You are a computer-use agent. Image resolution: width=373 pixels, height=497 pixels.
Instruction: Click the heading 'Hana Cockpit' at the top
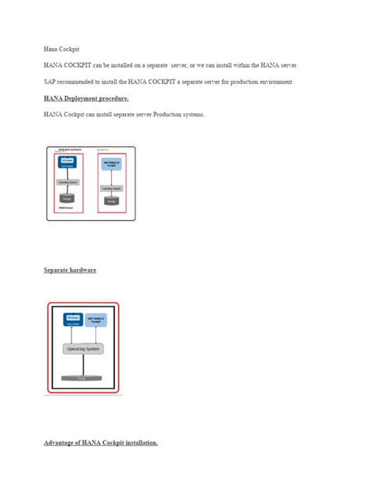click(60, 48)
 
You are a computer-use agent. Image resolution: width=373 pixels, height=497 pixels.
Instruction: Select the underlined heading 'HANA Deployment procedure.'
click(86, 98)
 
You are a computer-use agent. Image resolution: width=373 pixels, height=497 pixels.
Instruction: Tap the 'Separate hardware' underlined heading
click(70, 270)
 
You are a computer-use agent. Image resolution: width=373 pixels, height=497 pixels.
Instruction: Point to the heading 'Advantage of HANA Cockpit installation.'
click(101, 443)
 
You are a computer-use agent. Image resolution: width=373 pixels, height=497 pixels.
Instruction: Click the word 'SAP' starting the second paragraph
click(50, 82)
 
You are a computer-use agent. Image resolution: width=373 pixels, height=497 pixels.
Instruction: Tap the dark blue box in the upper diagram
click(67, 162)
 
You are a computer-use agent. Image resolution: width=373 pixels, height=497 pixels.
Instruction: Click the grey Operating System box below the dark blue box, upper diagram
click(67, 182)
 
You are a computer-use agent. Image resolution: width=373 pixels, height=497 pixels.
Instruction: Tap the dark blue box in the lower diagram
click(64, 320)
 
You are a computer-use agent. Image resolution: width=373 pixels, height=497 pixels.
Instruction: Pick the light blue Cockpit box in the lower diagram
click(98, 320)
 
